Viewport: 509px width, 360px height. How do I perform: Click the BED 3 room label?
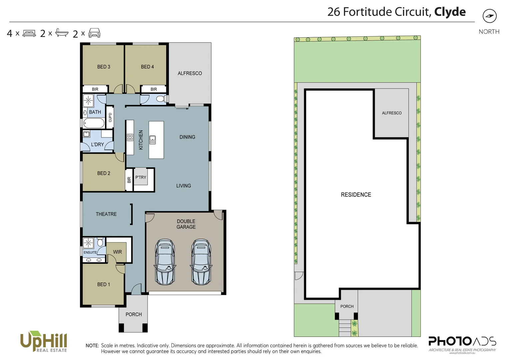104,67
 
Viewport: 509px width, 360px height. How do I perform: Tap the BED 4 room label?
147,67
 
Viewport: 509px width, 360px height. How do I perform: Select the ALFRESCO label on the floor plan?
190,73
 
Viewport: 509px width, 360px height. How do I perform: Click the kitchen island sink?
153,140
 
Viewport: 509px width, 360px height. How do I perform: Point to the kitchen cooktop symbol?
130,137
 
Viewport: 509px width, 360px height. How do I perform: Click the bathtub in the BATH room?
94,123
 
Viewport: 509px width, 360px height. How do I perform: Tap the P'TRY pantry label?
141,177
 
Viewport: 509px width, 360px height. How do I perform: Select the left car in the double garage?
165,262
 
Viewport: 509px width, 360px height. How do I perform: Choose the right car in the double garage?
201,262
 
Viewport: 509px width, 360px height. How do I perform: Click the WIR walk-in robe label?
117,252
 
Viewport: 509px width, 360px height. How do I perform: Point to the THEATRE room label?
106,214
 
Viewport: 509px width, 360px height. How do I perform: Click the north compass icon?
489,16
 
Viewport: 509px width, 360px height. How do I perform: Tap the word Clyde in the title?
450,12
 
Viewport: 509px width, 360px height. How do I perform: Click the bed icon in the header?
29,33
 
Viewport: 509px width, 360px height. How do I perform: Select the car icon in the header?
94,33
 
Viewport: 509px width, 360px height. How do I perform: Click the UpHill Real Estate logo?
44,341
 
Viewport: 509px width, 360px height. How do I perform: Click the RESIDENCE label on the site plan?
356,195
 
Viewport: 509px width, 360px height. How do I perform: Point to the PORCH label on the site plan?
347,306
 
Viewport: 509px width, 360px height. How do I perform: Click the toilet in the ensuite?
100,242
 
